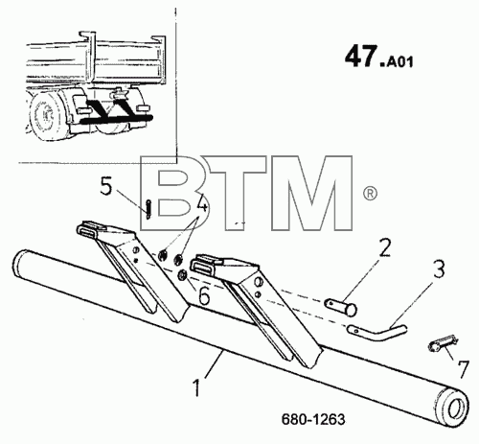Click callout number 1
click(x=197, y=387)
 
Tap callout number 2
click(x=385, y=247)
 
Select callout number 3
click(x=439, y=269)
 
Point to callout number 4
click(x=201, y=202)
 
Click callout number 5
click(x=106, y=186)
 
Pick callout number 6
click(x=204, y=295)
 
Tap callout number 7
click(x=463, y=369)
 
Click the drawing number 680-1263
click(x=313, y=419)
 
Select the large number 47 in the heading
click(x=361, y=57)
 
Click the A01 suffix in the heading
click(x=399, y=61)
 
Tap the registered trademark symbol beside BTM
click(x=370, y=194)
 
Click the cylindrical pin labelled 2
click(x=341, y=307)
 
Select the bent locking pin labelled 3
click(x=376, y=333)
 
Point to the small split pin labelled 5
click(x=148, y=209)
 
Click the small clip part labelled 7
click(x=443, y=343)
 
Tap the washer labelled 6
click(x=183, y=274)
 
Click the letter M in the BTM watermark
click(x=312, y=193)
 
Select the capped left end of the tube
click(x=18, y=262)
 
